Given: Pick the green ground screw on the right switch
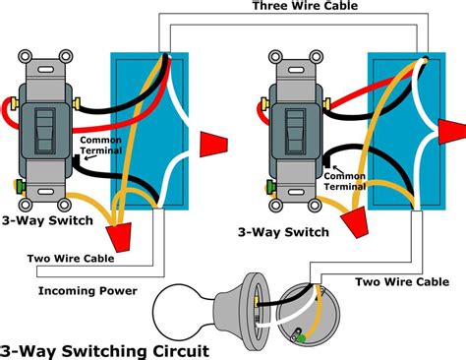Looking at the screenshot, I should point(267,185).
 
